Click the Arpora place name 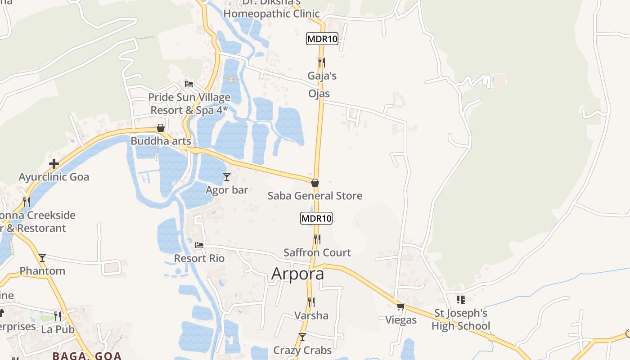tap(297, 274)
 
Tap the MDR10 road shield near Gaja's tap(322, 39)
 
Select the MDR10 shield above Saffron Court tap(316, 219)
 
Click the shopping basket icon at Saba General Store tap(315, 183)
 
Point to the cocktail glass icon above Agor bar tap(227, 177)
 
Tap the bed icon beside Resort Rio tap(199, 246)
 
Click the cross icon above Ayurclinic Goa tap(54, 164)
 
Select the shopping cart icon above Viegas tap(401, 307)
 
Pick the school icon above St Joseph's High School tap(460, 299)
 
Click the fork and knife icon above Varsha tap(311, 302)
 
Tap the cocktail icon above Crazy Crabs tap(302, 337)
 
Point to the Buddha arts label tap(161, 141)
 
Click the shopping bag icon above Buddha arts tap(161, 128)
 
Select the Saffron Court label tap(317, 252)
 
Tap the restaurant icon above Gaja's tap(322, 62)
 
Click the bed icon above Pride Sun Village tap(189, 84)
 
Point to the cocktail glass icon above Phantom tap(42, 258)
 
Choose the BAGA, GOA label tap(87, 355)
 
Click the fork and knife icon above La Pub tap(58, 316)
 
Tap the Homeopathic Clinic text tap(271, 13)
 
